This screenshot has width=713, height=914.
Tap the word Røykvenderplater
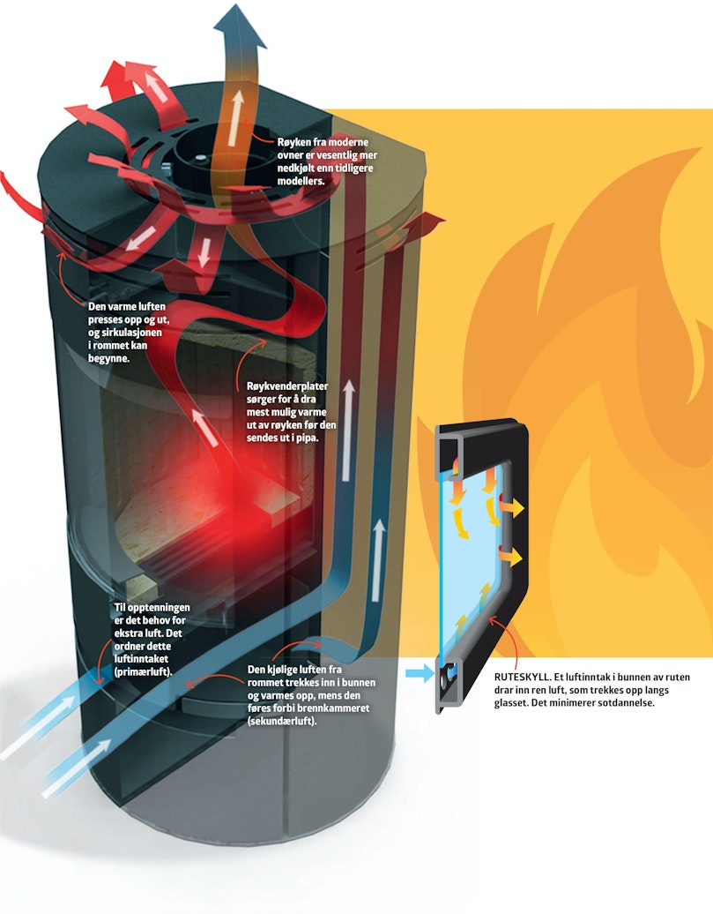pyautogui.click(x=287, y=386)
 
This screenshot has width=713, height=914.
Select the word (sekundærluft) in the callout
pyautogui.click(x=282, y=721)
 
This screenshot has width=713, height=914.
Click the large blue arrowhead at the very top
pyautogui.click(x=240, y=26)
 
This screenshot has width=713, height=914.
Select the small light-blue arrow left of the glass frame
pyautogui.click(x=420, y=674)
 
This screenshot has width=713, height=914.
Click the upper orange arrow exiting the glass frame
pyautogui.click(x=513, y=508)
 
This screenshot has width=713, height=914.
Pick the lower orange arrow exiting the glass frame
pyautogui.click(x=511, y=558)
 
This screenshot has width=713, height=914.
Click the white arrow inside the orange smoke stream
pyautogui.click(x=236, y=118)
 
